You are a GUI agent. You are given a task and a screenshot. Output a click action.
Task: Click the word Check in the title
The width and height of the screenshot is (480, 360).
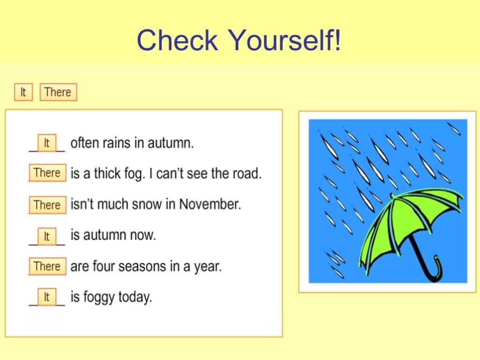point(177,40)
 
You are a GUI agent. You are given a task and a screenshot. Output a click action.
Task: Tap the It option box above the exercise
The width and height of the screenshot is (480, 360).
point(23,92)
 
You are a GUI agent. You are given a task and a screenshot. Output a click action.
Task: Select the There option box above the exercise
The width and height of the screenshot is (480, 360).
point(58,92)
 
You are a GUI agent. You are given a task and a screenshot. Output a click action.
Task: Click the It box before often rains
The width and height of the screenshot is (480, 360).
point(46,143)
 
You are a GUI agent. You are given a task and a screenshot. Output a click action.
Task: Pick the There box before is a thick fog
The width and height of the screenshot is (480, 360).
point(47,173)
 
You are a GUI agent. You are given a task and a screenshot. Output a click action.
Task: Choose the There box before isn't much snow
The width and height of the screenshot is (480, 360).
point(47,205)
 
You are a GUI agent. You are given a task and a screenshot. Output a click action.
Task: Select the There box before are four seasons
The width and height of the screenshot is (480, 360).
point(47,266)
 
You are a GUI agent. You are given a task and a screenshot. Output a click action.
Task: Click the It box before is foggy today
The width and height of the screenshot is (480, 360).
point(46,297)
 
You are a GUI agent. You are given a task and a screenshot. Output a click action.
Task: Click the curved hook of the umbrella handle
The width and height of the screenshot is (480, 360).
point(434,270)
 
